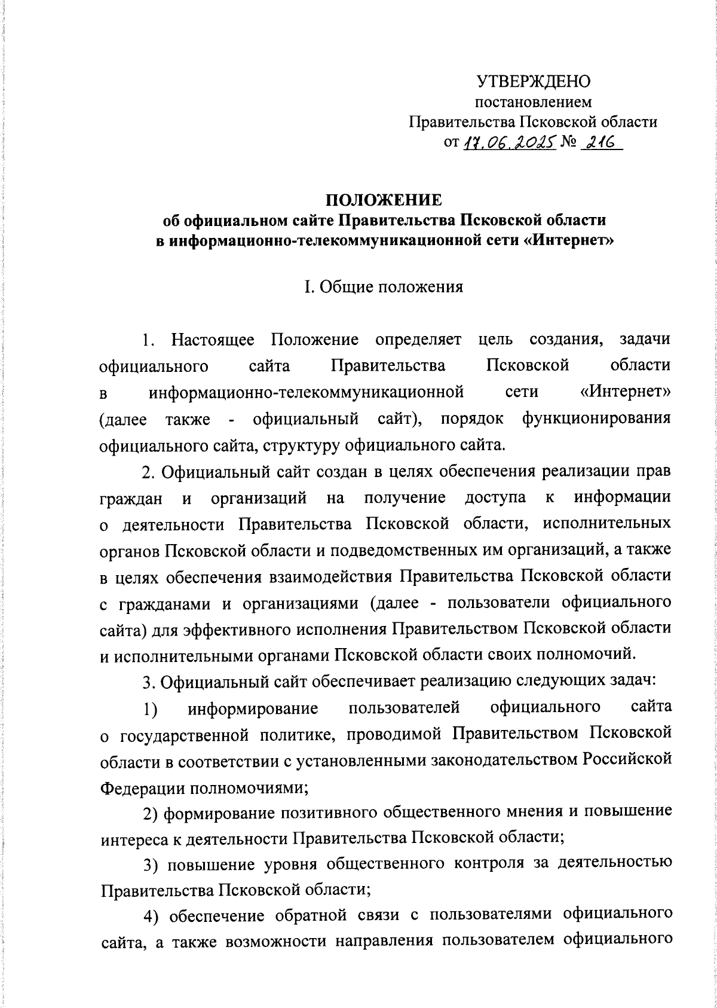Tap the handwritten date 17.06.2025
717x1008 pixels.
click(x=508, y=142)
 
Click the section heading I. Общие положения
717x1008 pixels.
click(x=383, y=287)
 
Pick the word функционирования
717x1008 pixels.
click(x=596, y=419)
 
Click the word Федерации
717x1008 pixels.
click(x=142, y=787)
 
